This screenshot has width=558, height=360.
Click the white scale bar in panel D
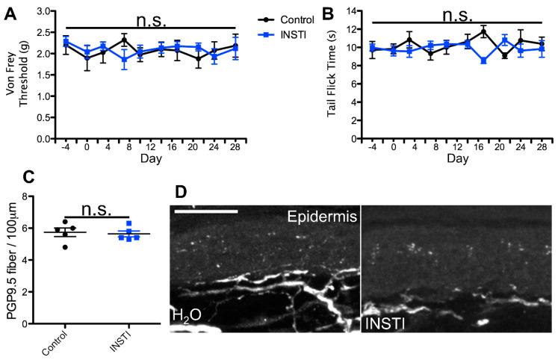[x=206, y=211]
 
